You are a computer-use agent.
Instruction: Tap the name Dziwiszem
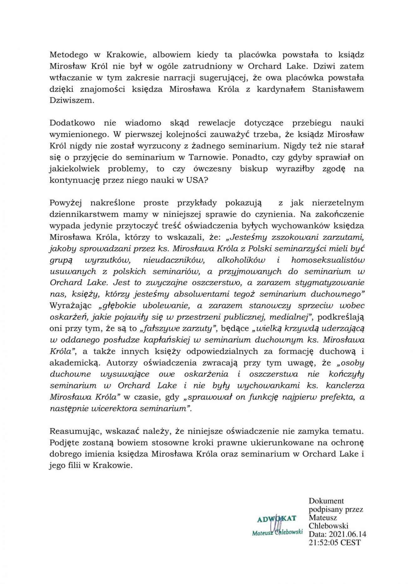72,101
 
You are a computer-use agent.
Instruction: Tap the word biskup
254,169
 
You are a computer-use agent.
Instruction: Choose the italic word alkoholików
241,260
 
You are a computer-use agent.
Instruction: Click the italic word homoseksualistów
328,260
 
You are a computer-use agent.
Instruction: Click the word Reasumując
75,431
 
